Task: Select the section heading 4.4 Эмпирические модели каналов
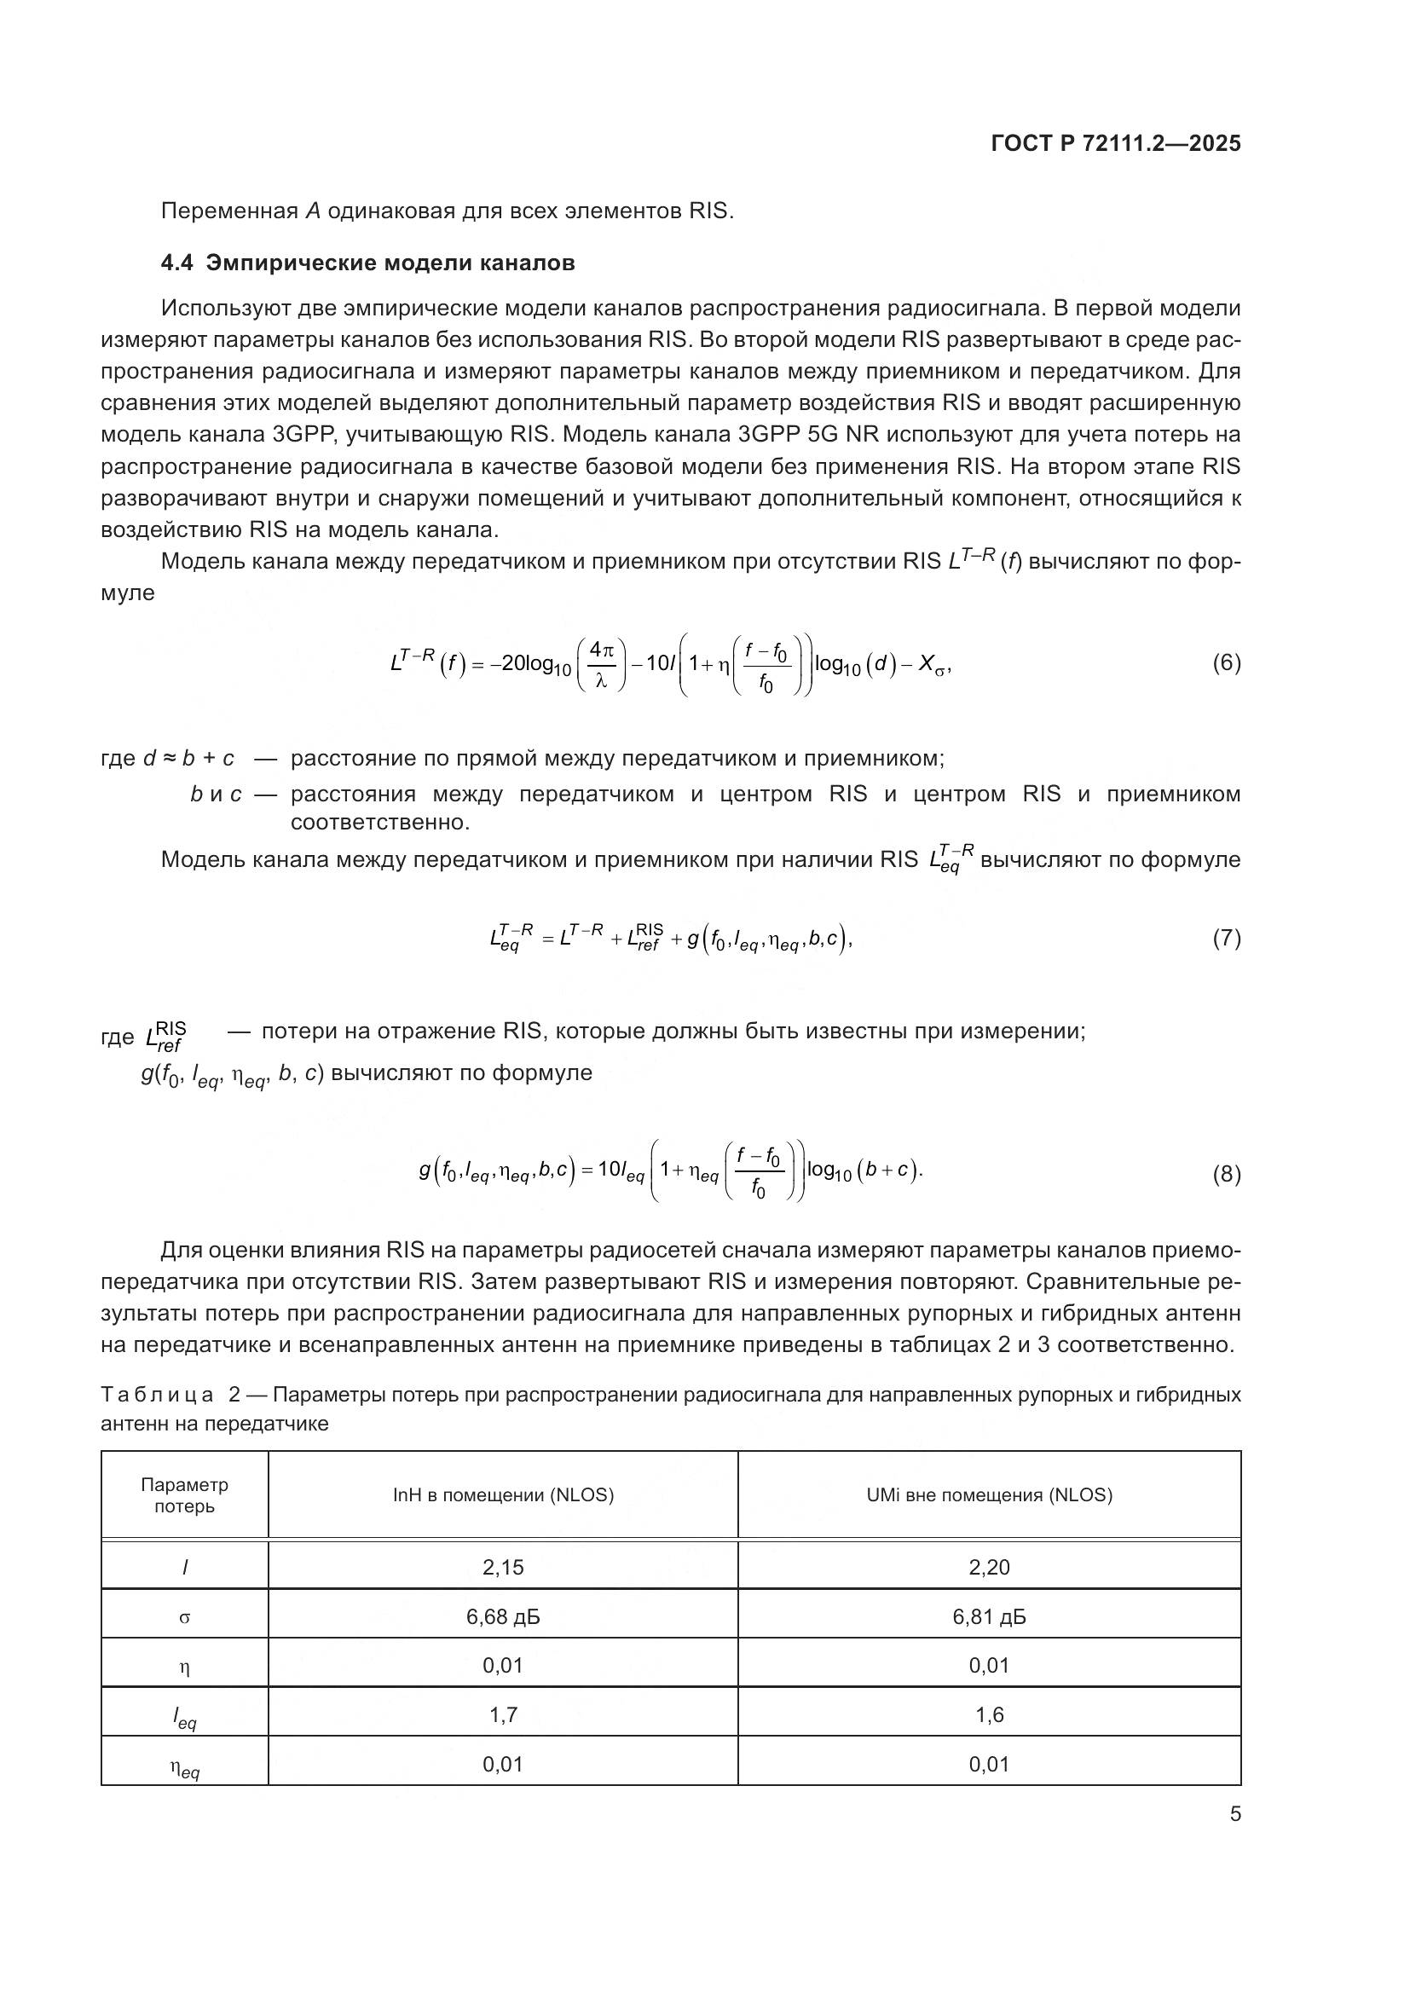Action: coord(367,263)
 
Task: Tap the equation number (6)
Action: coord(1226,663)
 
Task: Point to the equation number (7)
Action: coord(1226,938)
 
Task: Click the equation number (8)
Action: coord(1226,1175)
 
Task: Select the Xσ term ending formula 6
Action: coord(933,665)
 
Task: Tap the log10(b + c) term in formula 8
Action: coord(863,1170)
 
